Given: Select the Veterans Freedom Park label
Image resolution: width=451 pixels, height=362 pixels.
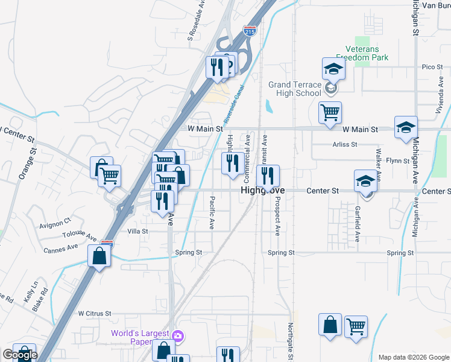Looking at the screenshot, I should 367,53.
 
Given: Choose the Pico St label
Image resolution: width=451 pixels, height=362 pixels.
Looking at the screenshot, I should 432,66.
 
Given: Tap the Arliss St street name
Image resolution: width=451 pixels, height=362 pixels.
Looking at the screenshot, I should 345,145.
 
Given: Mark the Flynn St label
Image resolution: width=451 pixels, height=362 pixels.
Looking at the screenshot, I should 398,160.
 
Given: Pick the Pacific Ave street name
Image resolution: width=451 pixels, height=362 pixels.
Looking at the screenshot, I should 212,212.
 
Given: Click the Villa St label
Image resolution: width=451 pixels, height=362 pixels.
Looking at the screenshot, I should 137,231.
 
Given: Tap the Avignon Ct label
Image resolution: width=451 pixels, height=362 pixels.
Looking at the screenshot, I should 55,221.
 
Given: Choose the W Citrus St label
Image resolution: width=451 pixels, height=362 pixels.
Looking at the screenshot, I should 95,314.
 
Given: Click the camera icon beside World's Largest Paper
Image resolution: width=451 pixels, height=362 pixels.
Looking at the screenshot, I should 177,335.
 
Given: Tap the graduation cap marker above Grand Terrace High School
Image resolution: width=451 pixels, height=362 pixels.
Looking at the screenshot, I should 332,69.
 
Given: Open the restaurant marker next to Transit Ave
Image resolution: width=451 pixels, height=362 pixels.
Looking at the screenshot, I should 266,176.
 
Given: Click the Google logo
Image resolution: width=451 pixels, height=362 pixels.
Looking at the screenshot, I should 20,355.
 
